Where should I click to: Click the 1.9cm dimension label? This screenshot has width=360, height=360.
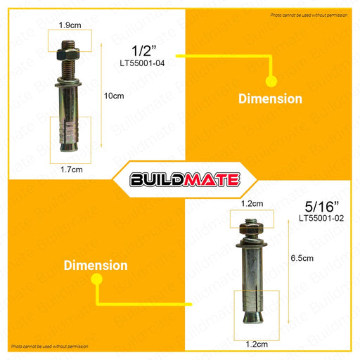[x=70, y=25]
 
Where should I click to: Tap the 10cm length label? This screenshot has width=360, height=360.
[x=114, y=96]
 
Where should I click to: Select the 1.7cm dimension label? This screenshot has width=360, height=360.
[x=72, y=169]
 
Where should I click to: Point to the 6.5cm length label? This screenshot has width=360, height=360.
[x=302, y=258]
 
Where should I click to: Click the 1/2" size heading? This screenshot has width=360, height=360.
[x=143, y=51]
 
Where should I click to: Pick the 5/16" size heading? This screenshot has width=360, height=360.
[x=321, y=207]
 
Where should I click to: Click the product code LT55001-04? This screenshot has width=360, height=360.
[x=142, y=63]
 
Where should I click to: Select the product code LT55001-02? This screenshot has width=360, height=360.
[x=321, y=218]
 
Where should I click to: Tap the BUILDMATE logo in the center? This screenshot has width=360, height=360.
[x=185, y=180]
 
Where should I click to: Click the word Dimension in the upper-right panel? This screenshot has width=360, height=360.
[x=270, y=98]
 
